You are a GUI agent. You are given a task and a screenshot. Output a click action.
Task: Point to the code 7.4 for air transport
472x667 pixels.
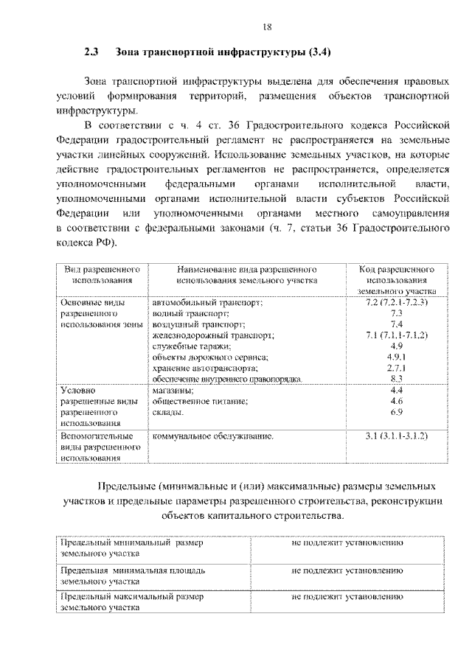396,324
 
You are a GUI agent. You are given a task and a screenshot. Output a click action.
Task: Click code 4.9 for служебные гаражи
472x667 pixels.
396,346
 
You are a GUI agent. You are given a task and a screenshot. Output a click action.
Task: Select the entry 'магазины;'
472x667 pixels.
174,390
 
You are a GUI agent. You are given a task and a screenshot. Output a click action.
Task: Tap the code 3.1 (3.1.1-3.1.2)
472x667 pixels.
396,436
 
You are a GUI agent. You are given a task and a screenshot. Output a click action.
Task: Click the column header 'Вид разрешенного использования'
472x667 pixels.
103,275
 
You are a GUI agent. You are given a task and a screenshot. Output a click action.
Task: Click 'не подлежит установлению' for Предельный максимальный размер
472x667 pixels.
347,597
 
